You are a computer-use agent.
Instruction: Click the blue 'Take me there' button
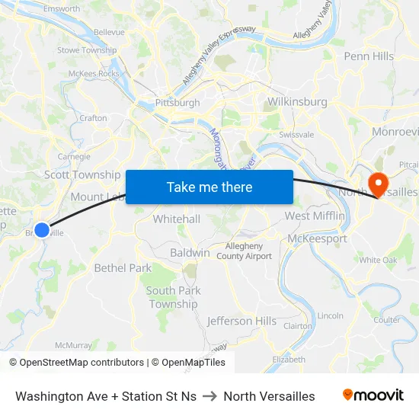(x=209, y=187)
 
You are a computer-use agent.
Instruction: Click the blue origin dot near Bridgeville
(x=42, y=229)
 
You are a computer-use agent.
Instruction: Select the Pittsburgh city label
(x=177, y=103)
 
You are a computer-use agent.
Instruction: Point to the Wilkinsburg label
(x=298, y=101)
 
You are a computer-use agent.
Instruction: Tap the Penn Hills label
(x=369, y=56)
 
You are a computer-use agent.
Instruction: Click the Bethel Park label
(x=123, y=268)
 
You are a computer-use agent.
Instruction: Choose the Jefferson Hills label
(x=241, y=321)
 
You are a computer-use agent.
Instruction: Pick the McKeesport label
(x=318, y=238)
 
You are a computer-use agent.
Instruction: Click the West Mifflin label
(x=315, y=216)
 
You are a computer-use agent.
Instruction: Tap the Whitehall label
(x=176, y=219)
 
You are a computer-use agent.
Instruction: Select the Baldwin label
(x=190, y=252)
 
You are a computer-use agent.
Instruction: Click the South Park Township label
(x=173, y=297)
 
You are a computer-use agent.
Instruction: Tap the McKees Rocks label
(x=94, y=74)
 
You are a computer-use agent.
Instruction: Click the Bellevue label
(x=109, y=33)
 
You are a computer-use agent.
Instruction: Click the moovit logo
(x=373, y=395)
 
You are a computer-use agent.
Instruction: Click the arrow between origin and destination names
(x=209, y=396)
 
